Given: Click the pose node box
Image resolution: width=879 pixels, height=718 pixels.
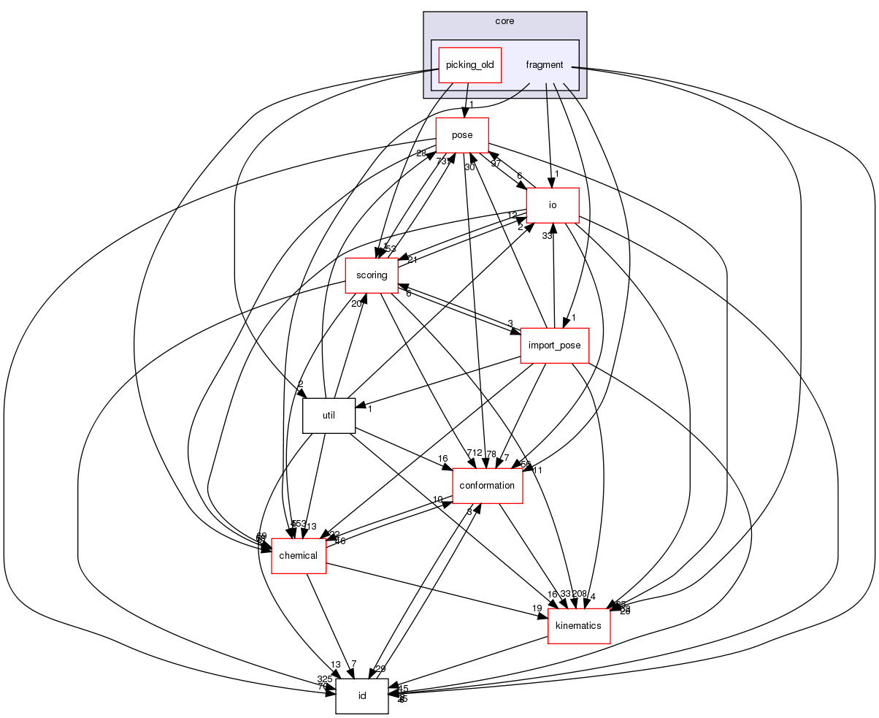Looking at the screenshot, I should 461,135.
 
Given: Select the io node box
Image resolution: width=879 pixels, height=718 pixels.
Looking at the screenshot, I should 553,205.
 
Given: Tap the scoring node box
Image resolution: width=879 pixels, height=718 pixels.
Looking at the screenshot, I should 371,275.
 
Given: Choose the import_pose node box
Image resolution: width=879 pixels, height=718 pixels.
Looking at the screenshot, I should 554,345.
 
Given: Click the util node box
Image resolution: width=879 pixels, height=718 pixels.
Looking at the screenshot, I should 329,416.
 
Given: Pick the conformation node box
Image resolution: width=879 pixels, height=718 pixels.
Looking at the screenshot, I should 488,486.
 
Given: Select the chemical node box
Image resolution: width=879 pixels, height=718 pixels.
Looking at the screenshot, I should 299,556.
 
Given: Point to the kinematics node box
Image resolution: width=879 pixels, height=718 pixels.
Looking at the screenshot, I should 578,626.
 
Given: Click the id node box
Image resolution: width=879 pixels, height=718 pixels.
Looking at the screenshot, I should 361,696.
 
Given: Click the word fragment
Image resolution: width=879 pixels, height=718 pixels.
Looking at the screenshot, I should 544,65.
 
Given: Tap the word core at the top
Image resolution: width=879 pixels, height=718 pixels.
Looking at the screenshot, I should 504,21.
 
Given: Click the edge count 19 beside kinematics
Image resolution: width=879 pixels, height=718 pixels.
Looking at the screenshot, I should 537,608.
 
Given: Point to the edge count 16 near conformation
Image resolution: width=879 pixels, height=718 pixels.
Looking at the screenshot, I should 442,459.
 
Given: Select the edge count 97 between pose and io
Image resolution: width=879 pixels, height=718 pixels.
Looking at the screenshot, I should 496,164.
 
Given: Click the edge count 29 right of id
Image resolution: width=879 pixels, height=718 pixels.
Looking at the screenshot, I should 380,669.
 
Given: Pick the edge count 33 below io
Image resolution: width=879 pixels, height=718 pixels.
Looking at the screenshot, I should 546,236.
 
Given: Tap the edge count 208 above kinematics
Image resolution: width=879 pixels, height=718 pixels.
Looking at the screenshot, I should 580,594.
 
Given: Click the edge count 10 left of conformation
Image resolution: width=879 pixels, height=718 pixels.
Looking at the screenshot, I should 437,500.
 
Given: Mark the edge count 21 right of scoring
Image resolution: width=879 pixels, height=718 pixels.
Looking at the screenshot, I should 412,261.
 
